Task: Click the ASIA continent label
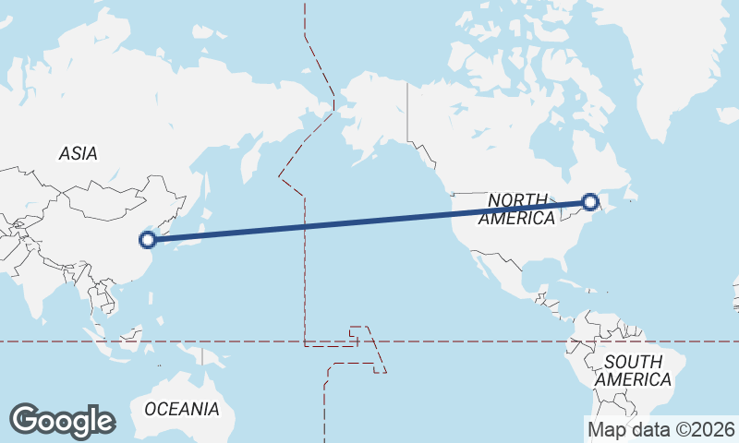(78, 154)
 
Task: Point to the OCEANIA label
(181, 408)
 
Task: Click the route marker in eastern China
(147, 240)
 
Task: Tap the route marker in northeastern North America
(590, 201)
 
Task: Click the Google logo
(62, 421)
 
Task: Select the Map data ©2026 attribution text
(660, 429)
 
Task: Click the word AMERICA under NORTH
(517, 218)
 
